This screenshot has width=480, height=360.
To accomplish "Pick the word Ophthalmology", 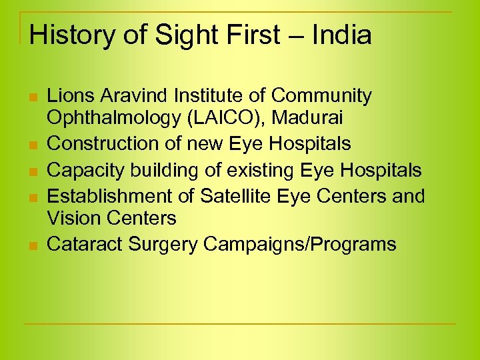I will (111, 118).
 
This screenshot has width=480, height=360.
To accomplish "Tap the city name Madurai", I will (309, 118).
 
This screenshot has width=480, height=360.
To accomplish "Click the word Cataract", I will (85, 244).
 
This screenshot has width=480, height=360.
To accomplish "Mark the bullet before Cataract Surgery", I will (32, 246).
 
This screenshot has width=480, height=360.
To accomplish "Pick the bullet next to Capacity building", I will (32, 172).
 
